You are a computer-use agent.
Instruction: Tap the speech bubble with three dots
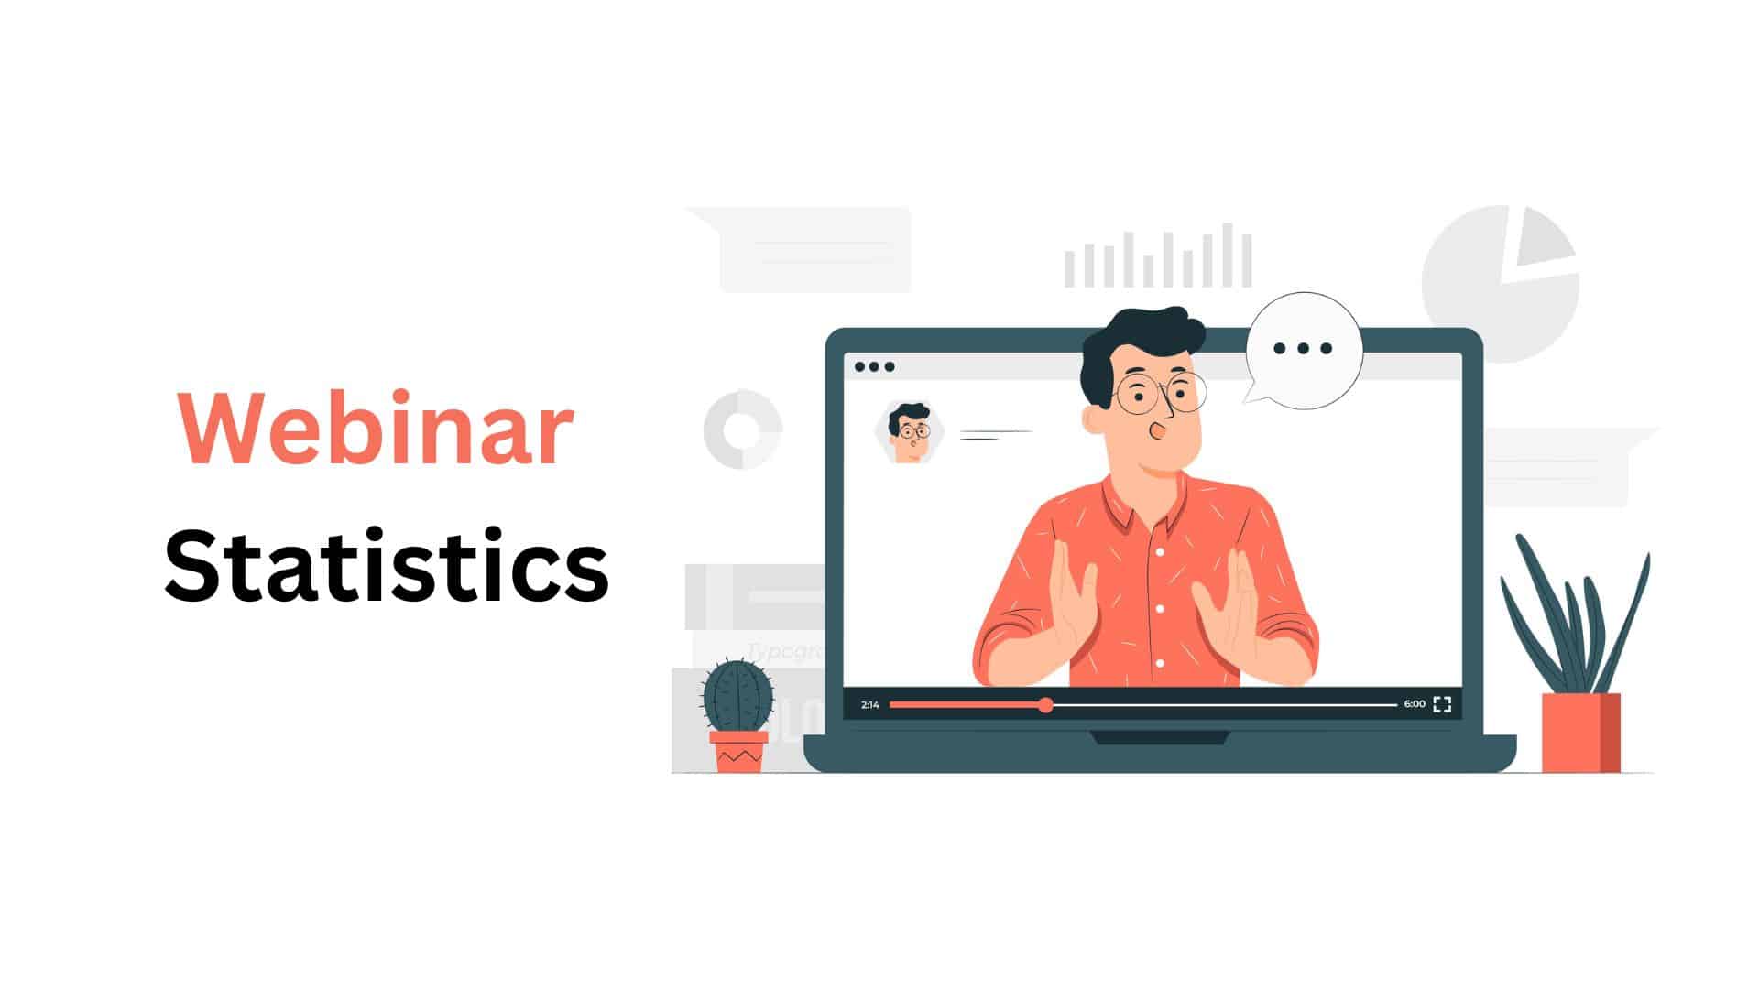[1303, 349]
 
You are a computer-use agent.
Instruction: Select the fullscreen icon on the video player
[1442, 704]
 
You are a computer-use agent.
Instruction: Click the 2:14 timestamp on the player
[870, 704]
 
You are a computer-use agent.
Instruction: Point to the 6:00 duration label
[1414, 704]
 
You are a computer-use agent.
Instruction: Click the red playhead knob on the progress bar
[1045, 704]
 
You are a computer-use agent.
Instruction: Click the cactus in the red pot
[737, 696]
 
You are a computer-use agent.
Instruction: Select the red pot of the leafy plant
[1580, 733]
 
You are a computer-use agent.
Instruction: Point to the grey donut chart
[742, 429]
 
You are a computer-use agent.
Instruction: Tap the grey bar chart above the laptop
[1158, 256]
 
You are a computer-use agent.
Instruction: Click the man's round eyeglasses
[1159, 394]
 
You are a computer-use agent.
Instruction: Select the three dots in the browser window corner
[874, 367]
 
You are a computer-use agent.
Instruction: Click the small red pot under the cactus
[738, 751]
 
